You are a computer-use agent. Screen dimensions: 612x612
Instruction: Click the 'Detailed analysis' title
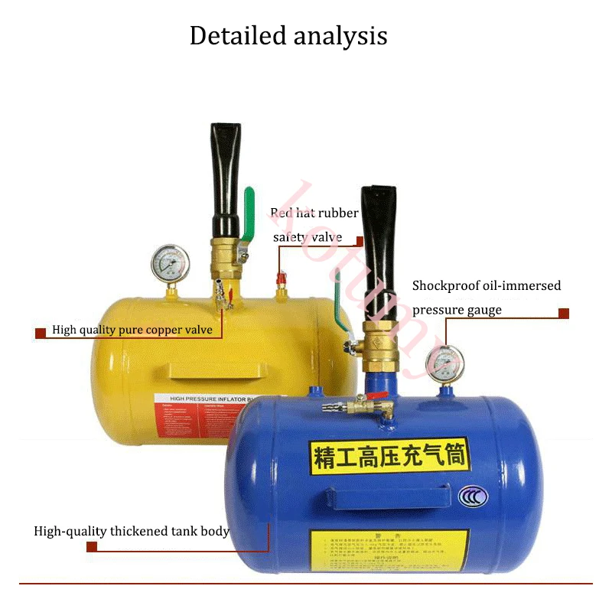click(288, 36)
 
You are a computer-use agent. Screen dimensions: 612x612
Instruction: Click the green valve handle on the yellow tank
click(249, 216)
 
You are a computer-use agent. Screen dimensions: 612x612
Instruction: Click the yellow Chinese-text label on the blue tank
click(390, 456)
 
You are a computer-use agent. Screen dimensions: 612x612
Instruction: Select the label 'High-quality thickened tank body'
click(131, 531)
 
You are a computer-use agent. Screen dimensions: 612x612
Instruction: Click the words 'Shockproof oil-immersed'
click(487, 286)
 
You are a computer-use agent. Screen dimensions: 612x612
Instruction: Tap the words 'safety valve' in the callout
click(308, 236)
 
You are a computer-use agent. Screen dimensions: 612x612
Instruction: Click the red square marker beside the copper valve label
click(41, 333)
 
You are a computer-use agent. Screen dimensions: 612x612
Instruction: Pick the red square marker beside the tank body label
click(91, 548)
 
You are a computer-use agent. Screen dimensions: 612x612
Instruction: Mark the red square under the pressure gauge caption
click(564, 313)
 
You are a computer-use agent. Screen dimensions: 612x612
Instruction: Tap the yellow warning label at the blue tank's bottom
click(388, 549)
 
